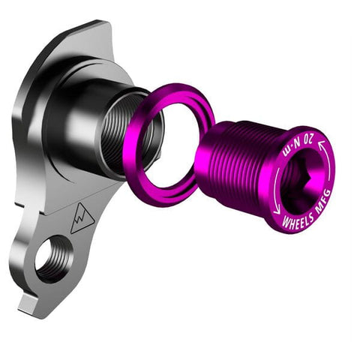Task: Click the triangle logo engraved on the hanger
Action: click(x=82, y=218)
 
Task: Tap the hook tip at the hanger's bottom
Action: click(x=27, y=304)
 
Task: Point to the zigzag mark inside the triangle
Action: click(x=82, y=221)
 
